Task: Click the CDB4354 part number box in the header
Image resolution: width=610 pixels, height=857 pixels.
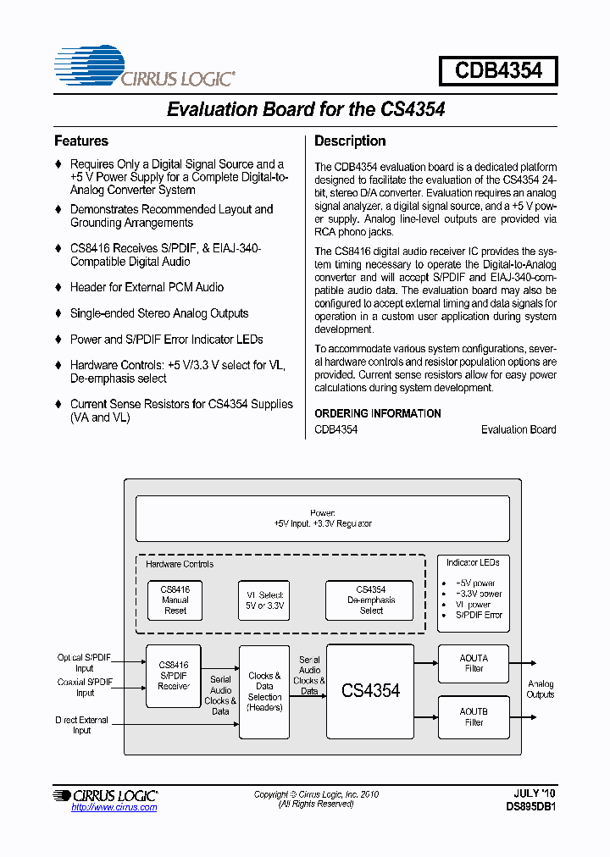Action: click(498, 70)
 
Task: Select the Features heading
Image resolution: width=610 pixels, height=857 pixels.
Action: click(81, 141)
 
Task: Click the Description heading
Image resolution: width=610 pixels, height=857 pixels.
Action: click(350, 141)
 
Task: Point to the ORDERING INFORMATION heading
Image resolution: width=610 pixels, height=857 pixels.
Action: click(378, 413)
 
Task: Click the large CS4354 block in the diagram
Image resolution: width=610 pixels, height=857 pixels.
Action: click(370, 691)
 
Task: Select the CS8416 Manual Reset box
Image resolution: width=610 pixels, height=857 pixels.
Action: click(175, 600)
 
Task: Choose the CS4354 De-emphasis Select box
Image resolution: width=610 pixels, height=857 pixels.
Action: click(370, 600)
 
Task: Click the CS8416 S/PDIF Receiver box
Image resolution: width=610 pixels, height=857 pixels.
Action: click(173, 675)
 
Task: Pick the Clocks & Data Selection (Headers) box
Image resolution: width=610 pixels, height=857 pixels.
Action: click(264, 691)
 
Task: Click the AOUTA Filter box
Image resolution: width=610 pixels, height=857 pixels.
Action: click(474, 663)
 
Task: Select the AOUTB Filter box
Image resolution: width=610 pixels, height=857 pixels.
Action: click(474, 716)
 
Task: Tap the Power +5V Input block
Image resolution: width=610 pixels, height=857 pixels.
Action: click(323, 518)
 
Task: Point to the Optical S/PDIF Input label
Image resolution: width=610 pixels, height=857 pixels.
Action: click(85, 662)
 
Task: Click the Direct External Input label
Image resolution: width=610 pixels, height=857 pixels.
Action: click(81, 725)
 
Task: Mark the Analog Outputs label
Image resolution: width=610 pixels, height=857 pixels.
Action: click(541, 689)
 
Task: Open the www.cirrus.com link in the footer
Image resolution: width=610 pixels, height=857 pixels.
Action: click(114, 807)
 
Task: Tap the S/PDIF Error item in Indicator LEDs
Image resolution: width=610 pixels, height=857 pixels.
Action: click(478, 615)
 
